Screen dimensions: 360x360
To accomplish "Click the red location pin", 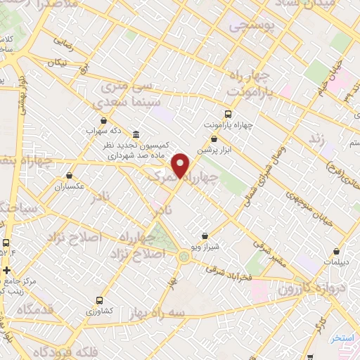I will coord(181,165).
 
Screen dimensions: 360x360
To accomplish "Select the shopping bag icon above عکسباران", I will coord(69,176).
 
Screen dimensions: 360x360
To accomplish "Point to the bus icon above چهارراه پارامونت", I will coord(228,114).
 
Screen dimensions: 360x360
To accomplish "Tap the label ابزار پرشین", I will coord(213,150).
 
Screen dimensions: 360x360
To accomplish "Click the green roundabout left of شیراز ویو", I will coord(184,257).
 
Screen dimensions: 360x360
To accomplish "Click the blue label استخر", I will coord(343,338).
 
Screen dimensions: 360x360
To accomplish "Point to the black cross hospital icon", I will coord(6,269).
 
